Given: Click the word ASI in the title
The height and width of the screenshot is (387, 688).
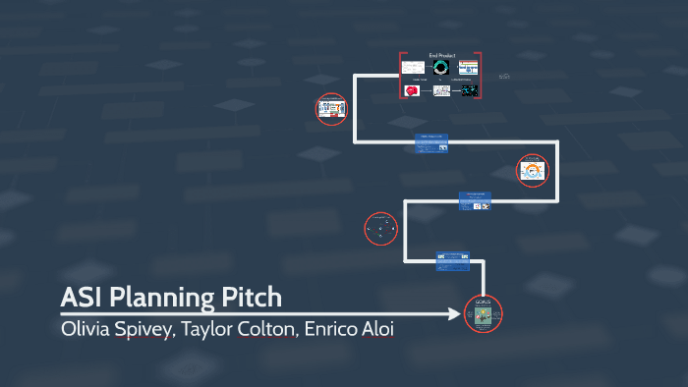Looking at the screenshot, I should [80, 297].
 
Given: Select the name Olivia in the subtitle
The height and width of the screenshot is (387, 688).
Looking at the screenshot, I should [86, 328].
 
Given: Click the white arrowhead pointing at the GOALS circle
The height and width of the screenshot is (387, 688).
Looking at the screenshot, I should [454, 314].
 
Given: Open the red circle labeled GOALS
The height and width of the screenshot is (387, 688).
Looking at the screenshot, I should [482, 315].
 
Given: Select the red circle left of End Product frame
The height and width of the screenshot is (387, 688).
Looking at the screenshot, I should [330, 109].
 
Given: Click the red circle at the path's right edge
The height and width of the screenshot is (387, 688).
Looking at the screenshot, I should [533, 172].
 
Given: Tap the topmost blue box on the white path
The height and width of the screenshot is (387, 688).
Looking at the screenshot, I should [432, 142].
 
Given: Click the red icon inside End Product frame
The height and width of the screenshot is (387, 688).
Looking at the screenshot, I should [413, 90].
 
